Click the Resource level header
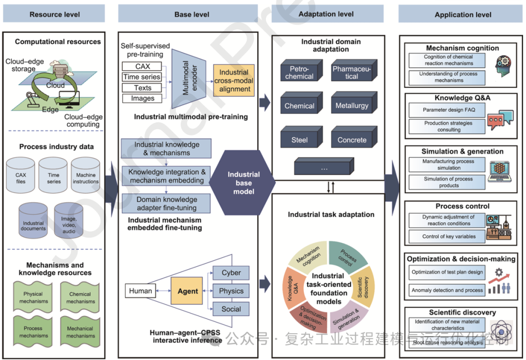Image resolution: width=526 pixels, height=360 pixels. click(x=55, y=14)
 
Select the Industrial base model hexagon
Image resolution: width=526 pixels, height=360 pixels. click(x=244, y=182)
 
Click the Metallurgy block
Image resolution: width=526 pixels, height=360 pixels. click(x=352, y=106)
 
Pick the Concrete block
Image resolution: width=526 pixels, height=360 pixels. click(x=352, y=140)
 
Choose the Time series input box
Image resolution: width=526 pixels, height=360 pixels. click(x=142, y=77)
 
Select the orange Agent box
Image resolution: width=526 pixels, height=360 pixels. click(x=188, y=291)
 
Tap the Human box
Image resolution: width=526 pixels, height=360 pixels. click(x=140, y=291)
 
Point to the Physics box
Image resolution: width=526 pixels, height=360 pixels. click(x=231, y=291)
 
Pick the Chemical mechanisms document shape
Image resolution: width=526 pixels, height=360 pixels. click(x=80, y=298)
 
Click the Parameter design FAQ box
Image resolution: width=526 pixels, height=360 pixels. click(x=448, y=110)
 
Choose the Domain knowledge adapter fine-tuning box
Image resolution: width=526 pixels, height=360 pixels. click(x=167, y=204)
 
